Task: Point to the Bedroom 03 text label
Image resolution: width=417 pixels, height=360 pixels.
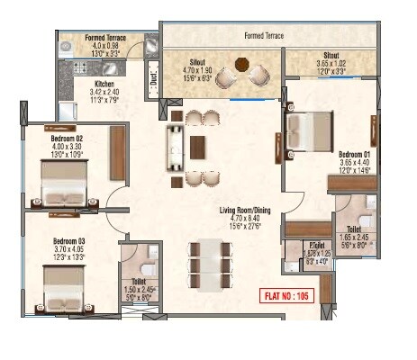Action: [x=68, y=241]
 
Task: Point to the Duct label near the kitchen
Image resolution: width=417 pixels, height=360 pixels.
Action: [x=153, y=79]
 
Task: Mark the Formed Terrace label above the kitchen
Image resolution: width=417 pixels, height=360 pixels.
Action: [x=106, y=38]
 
